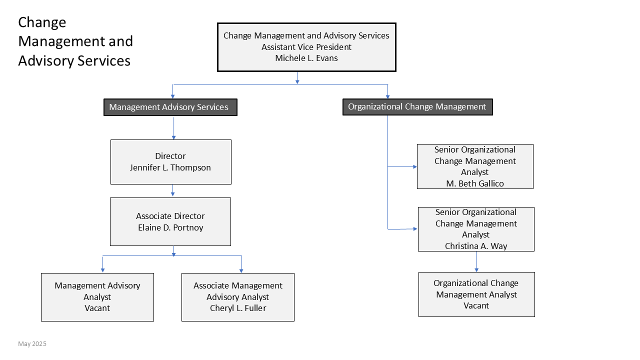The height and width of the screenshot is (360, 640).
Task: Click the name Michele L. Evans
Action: coord(306,58)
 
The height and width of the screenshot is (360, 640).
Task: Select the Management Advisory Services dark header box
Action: coord(170,107)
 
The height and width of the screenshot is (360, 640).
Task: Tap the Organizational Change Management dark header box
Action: coord(417,106)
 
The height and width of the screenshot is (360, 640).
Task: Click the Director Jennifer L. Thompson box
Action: coord(170,162)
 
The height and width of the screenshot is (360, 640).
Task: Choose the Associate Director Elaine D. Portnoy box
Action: coord(170,221)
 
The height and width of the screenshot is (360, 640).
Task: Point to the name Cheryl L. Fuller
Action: coord(237,308)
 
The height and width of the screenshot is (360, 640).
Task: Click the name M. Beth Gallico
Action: coord(474,183)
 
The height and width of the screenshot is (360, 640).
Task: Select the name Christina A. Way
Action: coord(475,246)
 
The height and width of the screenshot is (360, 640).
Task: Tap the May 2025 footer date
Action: coord(32,344)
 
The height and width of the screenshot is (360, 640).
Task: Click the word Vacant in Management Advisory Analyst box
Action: coord(97,308)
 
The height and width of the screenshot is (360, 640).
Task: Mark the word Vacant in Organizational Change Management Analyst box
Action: coord(476,305)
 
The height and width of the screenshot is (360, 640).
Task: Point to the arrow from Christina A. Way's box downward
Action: coord(476,261)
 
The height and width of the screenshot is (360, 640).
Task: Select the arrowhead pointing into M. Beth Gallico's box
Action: coord(414,167)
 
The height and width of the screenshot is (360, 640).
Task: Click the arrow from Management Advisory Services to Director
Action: coord(173,127)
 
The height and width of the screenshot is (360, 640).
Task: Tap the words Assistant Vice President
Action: coord(306,47)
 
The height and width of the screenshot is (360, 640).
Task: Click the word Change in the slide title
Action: coord(42,22)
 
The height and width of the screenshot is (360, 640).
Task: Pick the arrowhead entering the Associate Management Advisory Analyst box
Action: coord(241,270)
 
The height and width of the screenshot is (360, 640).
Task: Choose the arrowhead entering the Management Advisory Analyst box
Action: coord(102,270)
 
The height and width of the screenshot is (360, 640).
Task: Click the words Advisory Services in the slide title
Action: coord(74,60)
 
